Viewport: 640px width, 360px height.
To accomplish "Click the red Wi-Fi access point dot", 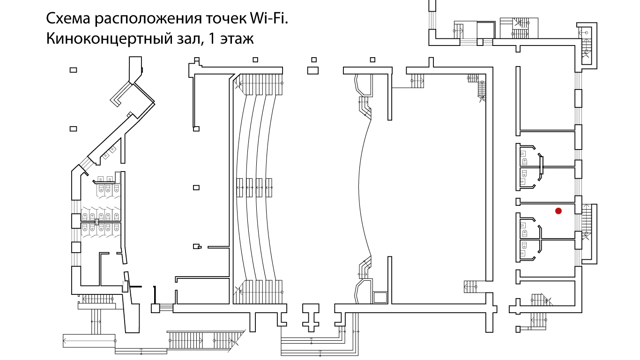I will point(558,211).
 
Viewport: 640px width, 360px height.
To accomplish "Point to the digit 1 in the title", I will point(211,38).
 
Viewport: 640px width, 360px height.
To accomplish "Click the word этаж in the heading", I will point(236,38).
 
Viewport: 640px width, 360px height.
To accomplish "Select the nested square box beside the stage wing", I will point(380,298).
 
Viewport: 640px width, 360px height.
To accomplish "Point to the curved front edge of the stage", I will point(360,187).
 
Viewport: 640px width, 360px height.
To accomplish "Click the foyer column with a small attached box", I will point(197,246).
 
